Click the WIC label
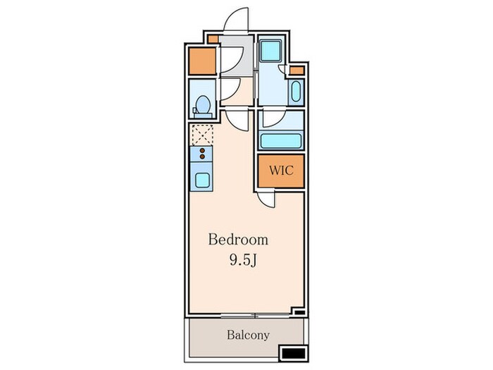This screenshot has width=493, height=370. pyautogui.click(x=281, y=171)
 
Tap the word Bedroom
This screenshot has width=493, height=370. pyautogui.click(x=238, y=240)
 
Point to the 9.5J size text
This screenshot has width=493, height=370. pyautogui.click(x=244, y=260)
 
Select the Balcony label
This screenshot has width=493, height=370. pyautogui.click(x=248, y=335)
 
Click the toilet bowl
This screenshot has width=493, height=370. pyautogui.click(x=203, y=105)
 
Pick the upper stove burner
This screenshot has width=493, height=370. pyautogui.click(x=202, y=150)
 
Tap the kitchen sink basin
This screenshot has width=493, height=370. pyautogui.click(x=202, y=180)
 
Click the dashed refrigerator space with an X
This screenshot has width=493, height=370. pyautogui.click(x=203, y=135)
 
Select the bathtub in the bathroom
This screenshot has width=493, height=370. pyautogui.click(x=281, y=141)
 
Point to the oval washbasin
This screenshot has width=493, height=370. pyautogui.click(x=296, y=92)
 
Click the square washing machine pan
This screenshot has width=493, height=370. pyautogui.click(x=271, y=51)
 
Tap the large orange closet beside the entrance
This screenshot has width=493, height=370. pyautogui.click(x=202, y=61)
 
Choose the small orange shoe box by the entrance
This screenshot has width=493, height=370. pyautogui.click(x=213, y=39)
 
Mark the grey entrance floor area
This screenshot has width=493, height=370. pyautogui.click(x=237, y=56)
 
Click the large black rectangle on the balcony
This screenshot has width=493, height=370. pyautogui.click(x=293, y=353)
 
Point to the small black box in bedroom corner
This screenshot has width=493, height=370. pyautogui.click(x=299, y=312)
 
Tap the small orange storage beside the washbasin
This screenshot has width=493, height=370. pyautogui.click(x=297, y=70)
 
